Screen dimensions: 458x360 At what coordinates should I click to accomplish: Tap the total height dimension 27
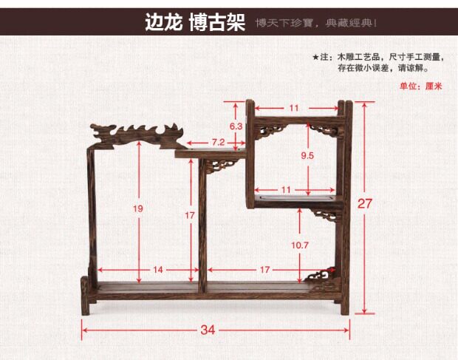click(x=365, y=203)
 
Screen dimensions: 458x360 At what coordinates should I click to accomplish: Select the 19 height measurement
click(x=137, y=208)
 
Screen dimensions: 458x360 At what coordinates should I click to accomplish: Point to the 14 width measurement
click(x=158, y=270)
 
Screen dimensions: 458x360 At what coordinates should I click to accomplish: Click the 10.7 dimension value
click(x=299, y=245)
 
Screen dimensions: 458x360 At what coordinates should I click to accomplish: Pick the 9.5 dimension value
click(x=308, y=155)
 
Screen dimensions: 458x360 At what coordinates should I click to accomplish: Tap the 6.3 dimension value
click(x=236, y=126)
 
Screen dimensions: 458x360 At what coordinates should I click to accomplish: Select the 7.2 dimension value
click(x=218, y=141)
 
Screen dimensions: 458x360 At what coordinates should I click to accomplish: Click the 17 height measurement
click(x=190, y=215)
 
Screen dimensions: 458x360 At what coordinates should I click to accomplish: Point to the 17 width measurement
click(x=265, y=270)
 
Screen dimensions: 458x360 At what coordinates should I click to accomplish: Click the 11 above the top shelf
click(x=294, y=108)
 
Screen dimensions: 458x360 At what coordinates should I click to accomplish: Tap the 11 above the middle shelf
click(x=287, y=189)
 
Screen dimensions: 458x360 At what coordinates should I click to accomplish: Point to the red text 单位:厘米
click(x=420, y=86)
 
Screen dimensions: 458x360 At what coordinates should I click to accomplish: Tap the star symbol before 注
click(x=315, y=56)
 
